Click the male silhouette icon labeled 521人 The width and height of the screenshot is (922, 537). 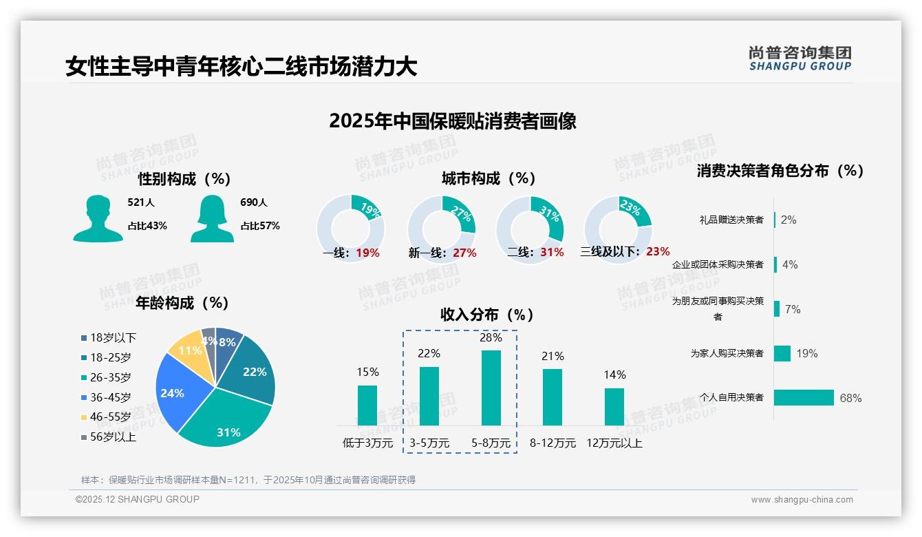98,219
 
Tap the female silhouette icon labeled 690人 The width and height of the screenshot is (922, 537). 212,219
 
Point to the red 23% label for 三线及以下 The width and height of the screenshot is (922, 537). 658,252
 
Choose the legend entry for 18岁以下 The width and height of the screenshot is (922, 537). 109,338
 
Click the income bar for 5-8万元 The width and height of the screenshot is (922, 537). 491,388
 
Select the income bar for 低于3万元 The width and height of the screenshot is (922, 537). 367,406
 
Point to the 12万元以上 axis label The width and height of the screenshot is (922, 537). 614,443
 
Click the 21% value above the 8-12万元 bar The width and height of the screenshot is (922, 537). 553,357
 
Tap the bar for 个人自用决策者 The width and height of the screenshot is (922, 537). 804,398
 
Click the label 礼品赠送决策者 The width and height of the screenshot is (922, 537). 731,220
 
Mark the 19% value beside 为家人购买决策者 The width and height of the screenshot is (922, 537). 807,354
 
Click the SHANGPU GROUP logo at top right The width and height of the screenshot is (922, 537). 800,59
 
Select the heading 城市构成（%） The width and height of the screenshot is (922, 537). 489,179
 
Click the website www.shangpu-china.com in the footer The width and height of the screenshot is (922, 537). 802,500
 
